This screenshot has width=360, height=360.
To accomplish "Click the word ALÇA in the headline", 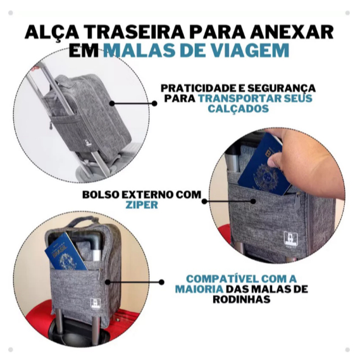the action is (x=46, y=32).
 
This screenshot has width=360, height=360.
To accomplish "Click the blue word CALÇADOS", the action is (x=238, y=108).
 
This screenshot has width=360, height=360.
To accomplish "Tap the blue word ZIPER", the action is (x=142, y=204).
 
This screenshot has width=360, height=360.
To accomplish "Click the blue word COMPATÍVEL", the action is (x=220, y=279).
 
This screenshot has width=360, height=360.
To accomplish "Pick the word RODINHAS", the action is (x=241, y=299).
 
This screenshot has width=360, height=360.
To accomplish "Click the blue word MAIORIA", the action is (x=199, y=289).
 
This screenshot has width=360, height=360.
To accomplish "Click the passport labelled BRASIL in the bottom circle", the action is (x=65, y=252).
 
